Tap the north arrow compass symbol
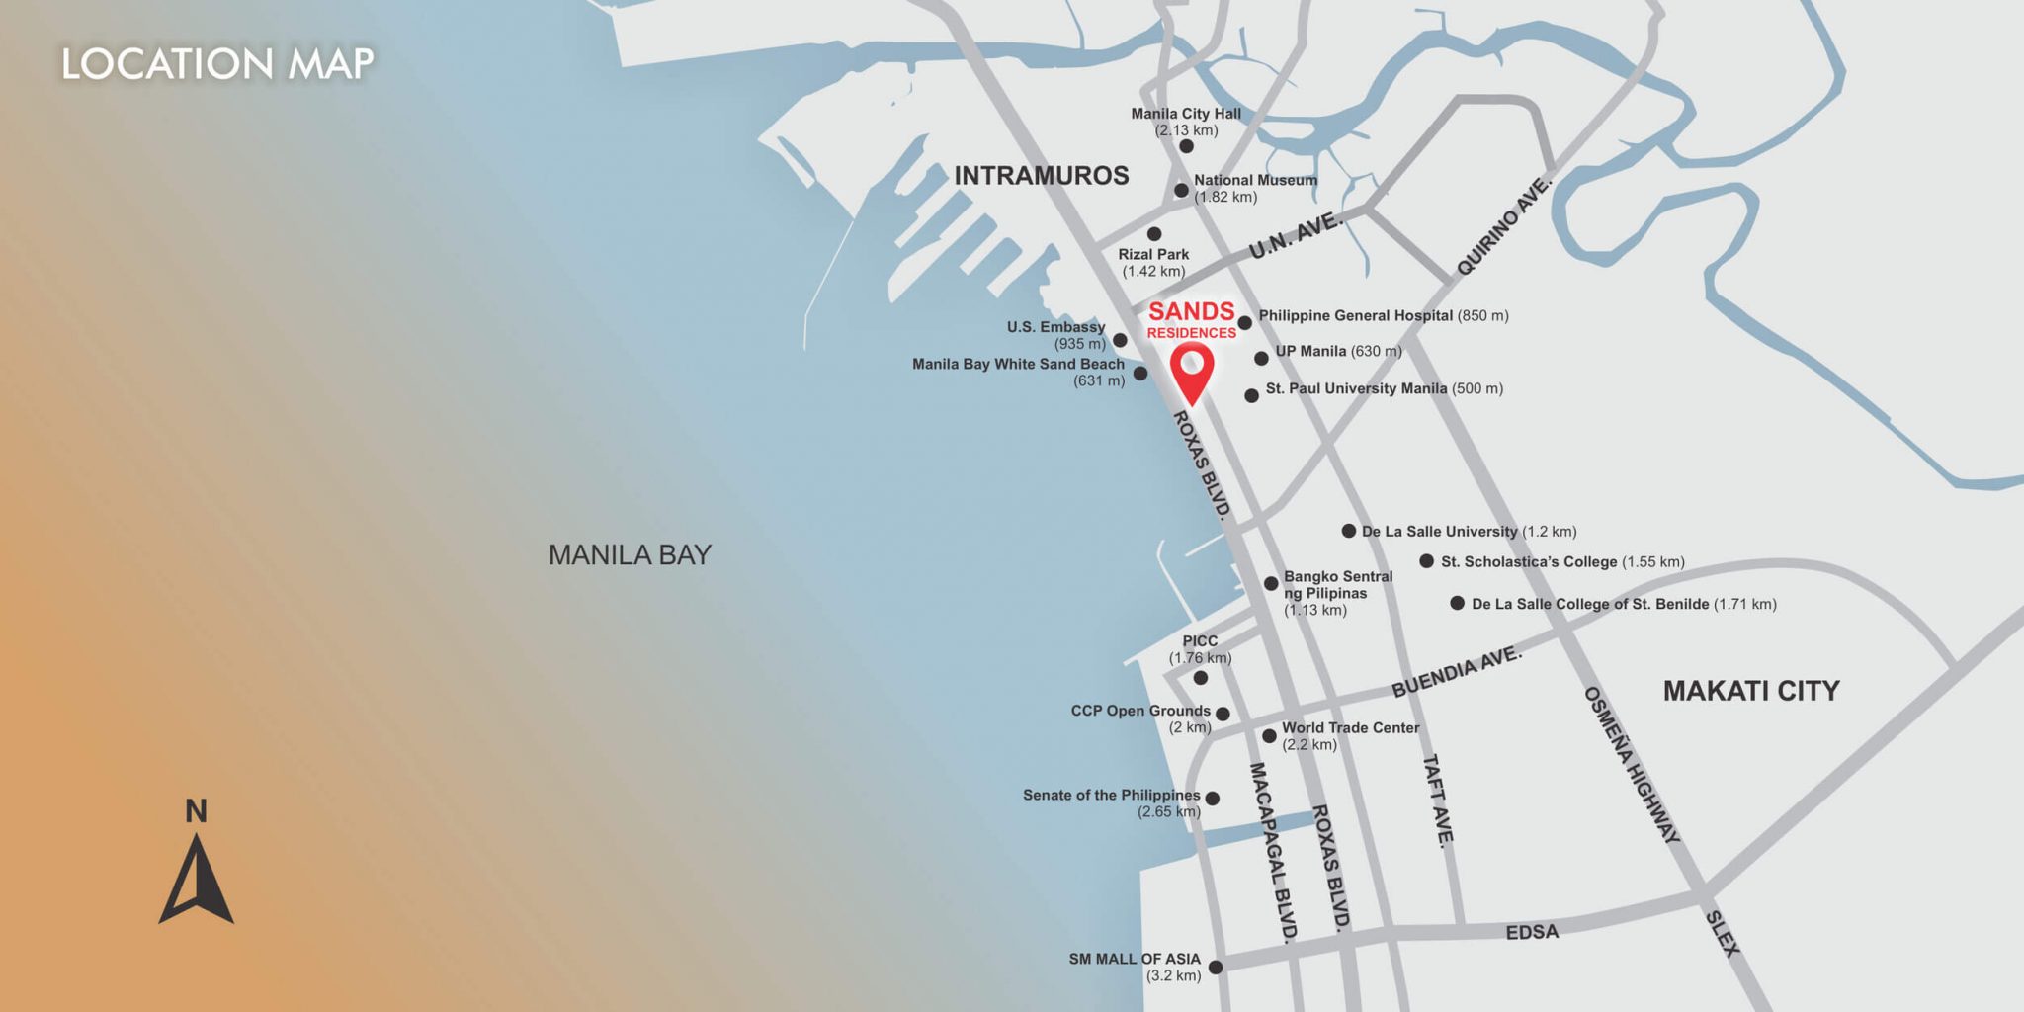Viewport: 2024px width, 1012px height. [196, 881]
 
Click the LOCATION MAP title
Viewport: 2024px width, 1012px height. [217, 64]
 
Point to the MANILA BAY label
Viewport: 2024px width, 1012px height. [630, 555]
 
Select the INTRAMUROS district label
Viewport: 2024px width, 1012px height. [1041, 176]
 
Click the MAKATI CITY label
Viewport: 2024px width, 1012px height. [1750, 691]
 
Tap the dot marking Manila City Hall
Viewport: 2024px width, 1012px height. [1186, 146]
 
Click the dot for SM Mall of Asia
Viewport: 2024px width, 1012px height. [1216, 968]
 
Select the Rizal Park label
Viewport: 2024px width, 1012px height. [1153, 255]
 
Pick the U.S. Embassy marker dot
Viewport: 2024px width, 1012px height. [1120, 340]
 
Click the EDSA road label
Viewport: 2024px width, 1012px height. [1532, 932]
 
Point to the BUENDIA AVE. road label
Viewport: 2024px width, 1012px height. [1457, 672]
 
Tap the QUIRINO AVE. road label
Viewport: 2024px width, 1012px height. [1504, 226]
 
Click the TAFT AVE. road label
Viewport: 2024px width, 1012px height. [1438, 801]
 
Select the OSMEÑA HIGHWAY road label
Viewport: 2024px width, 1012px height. [1632, 765]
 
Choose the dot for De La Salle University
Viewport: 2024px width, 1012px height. [1348, 531]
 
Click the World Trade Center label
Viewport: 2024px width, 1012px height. [1350, 728]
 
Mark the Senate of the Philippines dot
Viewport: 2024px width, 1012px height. [1213, 799]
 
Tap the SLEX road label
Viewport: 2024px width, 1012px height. [1722, 934]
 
